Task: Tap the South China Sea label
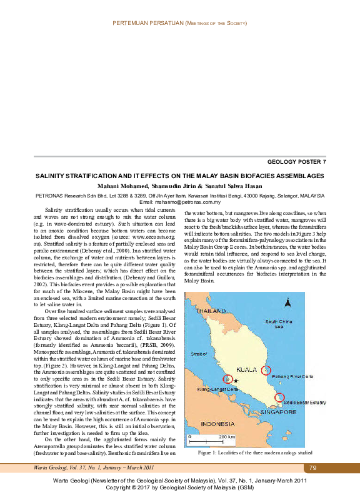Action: tap(279, 323)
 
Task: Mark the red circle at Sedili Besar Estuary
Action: tap(279, 397)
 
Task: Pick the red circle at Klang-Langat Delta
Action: tap(228, 379)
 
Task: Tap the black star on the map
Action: tap(236, 381)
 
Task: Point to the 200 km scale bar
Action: tap(225, 439)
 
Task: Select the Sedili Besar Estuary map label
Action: tap(304, 402)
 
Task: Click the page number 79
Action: tap(313, 467)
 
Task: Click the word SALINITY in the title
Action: tap(53, 176)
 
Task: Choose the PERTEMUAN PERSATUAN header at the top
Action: tap(147, 22)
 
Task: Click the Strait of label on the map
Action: tap(199, 354)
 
